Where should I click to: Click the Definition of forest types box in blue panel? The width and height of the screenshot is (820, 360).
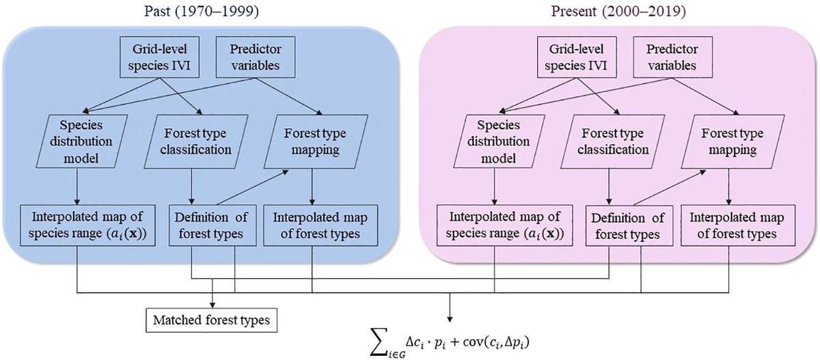coord(213,226)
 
